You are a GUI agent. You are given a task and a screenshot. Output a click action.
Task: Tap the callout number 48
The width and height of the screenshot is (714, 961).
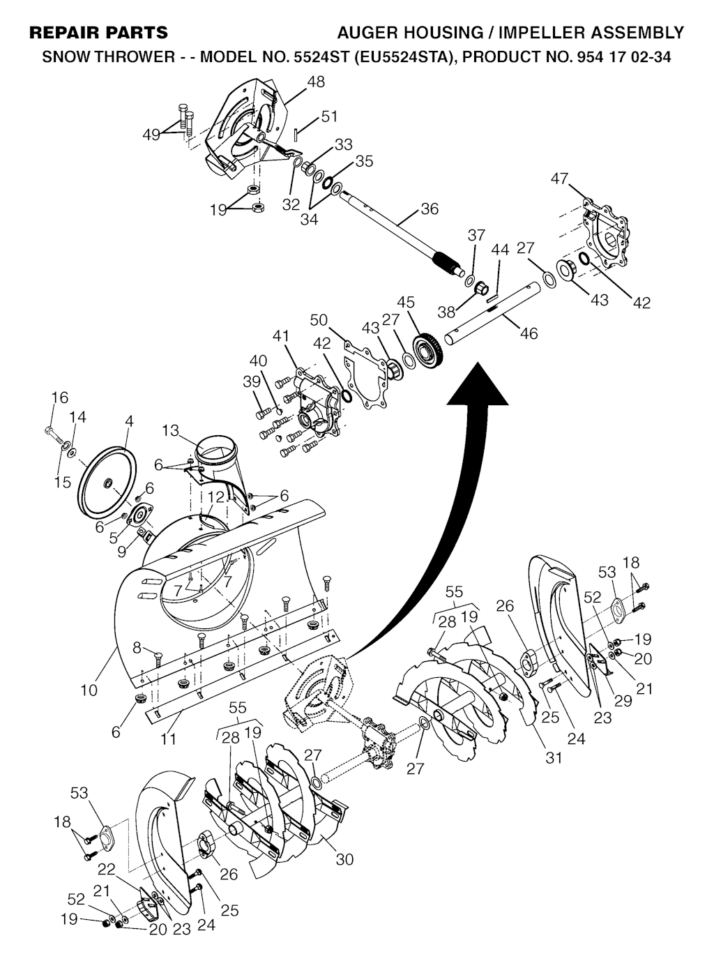[316, 82]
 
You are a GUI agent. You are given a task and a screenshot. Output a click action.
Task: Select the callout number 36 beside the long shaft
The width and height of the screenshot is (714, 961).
[430, 209]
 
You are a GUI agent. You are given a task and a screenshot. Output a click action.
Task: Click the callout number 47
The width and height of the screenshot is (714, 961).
[560, 178]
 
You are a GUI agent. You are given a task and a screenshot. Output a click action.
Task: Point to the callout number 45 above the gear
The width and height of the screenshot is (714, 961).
[406, 302]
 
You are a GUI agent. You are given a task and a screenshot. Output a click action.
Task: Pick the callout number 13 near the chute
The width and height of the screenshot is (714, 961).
[170, 430]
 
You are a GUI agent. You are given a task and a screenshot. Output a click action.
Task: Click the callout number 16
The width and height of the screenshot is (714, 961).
[60, 397]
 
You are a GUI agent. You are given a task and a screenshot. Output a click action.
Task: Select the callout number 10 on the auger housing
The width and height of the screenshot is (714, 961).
[89, 690]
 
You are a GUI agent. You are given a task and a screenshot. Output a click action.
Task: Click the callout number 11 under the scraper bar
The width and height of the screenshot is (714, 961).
[167, 739]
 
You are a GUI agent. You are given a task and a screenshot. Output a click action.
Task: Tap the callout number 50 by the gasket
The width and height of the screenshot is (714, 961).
[319, 320]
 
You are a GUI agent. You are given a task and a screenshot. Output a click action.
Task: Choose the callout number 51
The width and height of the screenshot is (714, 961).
[329, 116]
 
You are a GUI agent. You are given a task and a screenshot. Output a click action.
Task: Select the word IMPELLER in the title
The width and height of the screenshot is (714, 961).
[544, 33]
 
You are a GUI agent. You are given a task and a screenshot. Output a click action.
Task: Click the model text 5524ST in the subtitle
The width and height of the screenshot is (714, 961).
[321, 56]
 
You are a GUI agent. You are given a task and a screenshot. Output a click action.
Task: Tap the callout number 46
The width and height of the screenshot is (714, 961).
[529, 333]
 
